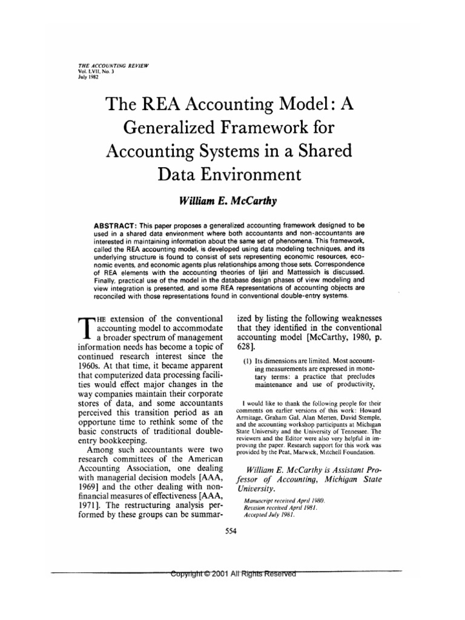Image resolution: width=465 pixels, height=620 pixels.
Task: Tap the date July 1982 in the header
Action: coord(82,76)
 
